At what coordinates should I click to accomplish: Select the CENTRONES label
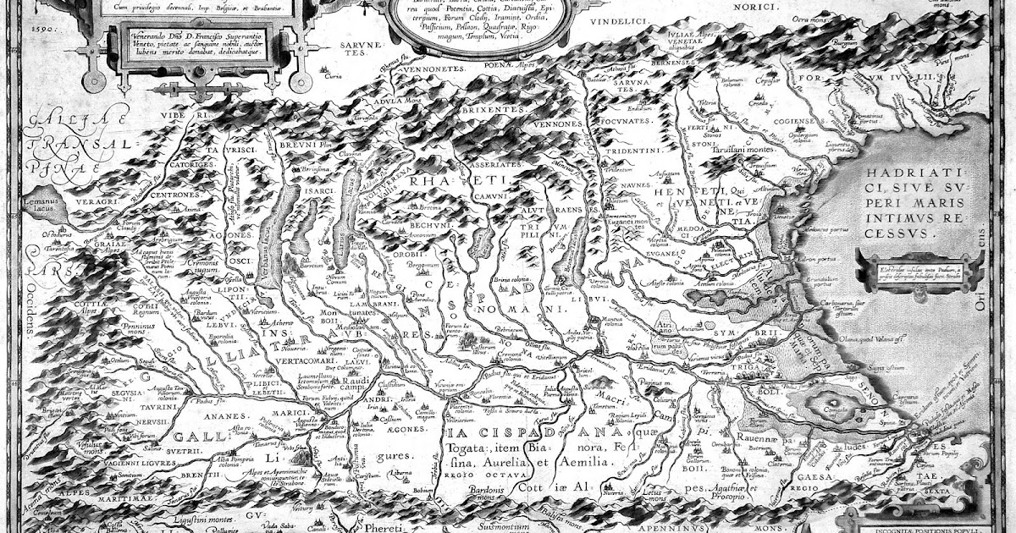point(179,194)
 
